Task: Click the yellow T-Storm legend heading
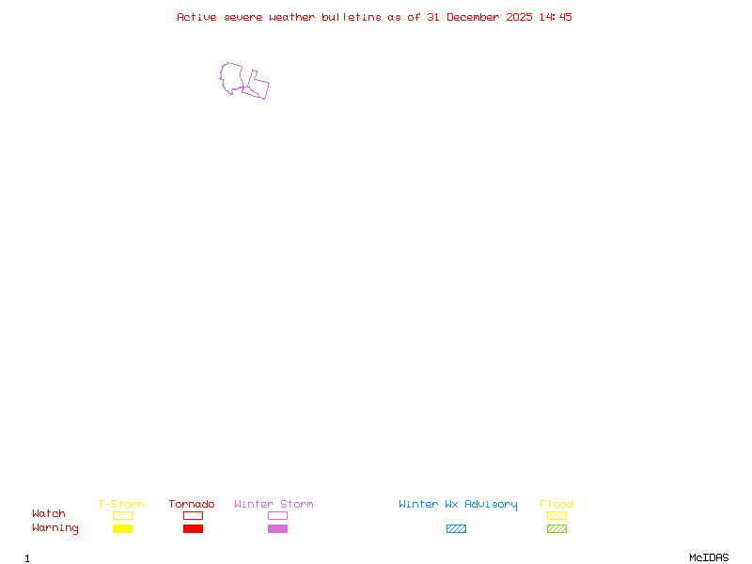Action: point(121,504)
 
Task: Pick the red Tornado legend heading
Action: point(192,504)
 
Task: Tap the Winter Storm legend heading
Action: point(274,504)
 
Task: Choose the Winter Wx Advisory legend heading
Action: point(458,504)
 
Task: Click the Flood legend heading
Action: point(556,504)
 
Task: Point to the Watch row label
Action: point(49,514)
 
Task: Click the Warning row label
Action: point(55,528)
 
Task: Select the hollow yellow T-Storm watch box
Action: point(122,515)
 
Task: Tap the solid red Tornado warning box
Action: point(193,528)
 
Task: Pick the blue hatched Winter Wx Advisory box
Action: point(456,528)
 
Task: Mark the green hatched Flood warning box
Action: point(556,528)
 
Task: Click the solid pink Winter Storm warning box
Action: point(277,528)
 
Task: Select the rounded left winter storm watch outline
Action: point(231,78)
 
